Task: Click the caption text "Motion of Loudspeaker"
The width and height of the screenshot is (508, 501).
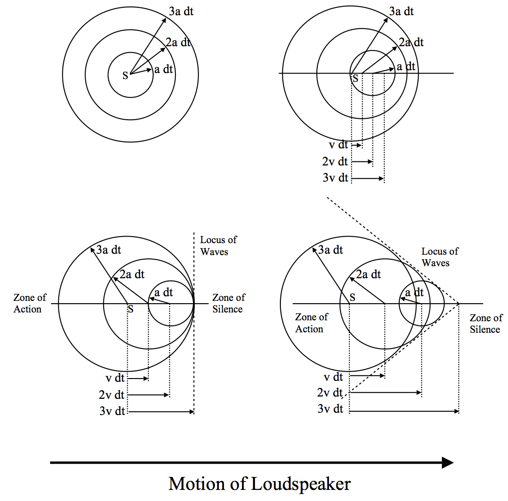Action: (260, 484)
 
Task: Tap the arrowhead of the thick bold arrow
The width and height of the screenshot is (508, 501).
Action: (447, 463)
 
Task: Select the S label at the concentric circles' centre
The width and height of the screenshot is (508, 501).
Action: (125, 76)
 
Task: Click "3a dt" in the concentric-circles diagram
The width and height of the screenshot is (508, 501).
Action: (181, 11)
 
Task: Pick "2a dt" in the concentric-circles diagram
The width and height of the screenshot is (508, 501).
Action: (178, 43)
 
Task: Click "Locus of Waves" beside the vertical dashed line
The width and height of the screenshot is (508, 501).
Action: (218, 246)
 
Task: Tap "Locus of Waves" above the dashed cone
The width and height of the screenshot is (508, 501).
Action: (440, 257)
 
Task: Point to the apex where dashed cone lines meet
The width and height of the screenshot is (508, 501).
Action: (459, 304)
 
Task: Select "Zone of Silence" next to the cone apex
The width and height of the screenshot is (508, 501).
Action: (485, 324)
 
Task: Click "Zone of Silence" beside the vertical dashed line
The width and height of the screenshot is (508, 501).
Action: (229, 303)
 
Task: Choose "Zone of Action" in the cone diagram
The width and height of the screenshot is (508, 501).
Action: (311, 323)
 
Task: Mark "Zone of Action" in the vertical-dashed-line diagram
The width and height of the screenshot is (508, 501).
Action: (30, 303)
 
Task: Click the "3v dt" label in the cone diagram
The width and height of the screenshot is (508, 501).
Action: (330, 409)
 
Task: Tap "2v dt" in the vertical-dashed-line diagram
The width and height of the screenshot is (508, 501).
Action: (112, 395)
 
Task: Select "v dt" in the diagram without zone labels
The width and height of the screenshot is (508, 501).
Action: (338, 145)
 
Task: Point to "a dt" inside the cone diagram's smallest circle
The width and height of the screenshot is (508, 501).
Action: (414, 293)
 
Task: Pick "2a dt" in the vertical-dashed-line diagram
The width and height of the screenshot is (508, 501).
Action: (132, 275)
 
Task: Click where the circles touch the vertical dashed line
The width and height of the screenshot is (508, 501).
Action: (194, 304)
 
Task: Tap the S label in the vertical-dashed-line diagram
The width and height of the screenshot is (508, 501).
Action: (130, 309)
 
